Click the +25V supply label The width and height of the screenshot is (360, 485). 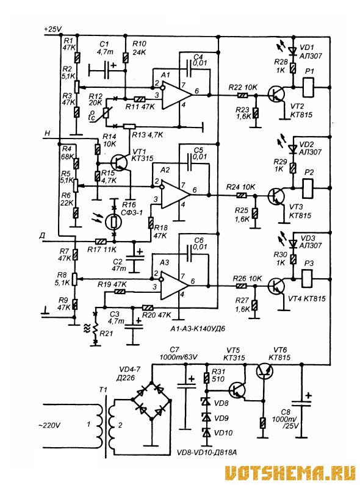53,29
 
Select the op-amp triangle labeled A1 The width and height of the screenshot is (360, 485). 176,95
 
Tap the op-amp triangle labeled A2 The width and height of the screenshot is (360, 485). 175,195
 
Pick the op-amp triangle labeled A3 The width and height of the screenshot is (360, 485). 175,286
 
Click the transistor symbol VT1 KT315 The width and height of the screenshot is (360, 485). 120,162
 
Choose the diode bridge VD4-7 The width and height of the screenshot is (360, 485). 151,401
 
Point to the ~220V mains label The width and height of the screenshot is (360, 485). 49,425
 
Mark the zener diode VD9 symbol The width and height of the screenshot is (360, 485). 206,417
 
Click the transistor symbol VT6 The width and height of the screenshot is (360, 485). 265,371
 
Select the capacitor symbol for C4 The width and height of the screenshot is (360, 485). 190,69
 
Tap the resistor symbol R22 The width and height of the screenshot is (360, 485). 243,95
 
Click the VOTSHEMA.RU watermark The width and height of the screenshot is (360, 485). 291,472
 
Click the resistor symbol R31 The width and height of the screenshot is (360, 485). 207,378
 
